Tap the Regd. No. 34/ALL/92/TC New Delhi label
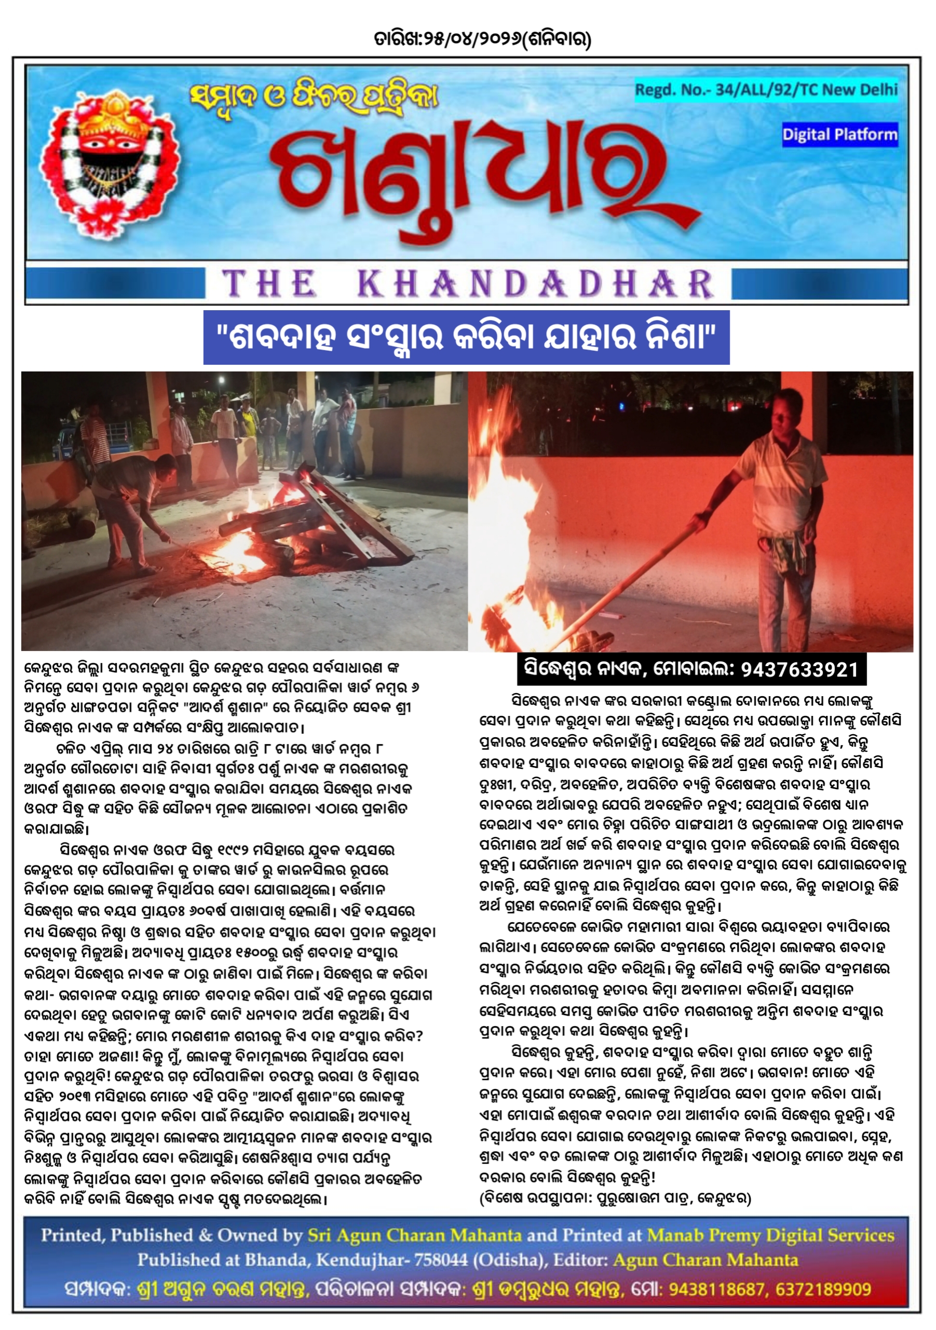click(766, 90)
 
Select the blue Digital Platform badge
click(839, 135)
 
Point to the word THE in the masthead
click(269, 284)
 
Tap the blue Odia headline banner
click(466, 337)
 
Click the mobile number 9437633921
click(799, 670)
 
